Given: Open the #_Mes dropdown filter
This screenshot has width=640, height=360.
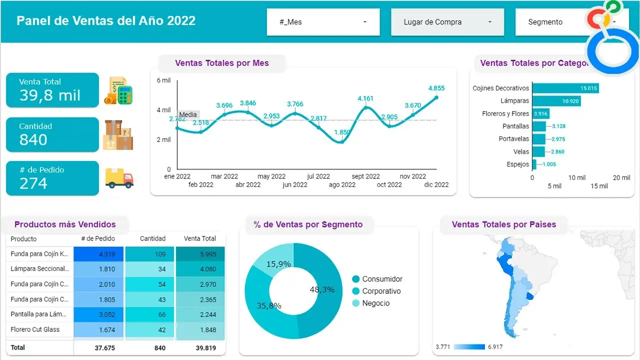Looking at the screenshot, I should click(x=323, y=22).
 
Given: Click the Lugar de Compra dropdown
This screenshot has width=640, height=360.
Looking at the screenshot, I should click(x=447, y=22).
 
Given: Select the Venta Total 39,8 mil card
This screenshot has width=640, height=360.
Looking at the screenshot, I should click(x=52, y=90).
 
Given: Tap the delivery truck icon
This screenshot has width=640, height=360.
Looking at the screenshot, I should click(x=119, y=178).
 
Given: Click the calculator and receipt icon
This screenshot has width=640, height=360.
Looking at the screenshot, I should click(x=118, y=91).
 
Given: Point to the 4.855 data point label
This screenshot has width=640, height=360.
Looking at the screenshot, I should click(x=436, y=88).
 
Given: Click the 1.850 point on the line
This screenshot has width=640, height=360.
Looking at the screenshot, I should click(x=342, y=141).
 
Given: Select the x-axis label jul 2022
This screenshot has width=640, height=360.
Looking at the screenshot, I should click(x=318, y=176).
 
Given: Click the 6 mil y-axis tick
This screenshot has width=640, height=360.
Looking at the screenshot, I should click(x=163, y=80).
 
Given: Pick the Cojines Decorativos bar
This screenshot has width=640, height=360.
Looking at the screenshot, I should click(x=565, y=88).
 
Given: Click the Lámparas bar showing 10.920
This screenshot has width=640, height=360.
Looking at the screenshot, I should click(x=556, y=101).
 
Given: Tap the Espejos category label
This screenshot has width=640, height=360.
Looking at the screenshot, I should click(x=517, y=164).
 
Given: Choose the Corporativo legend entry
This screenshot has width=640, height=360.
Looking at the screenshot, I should click(x=381, y=291).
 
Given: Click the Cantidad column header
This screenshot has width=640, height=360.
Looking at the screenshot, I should click(x=152, y=238).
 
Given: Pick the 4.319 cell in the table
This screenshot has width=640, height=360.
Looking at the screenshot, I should click(x=99, y=254).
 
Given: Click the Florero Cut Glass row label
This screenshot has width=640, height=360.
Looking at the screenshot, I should click(x=35, y=329).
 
